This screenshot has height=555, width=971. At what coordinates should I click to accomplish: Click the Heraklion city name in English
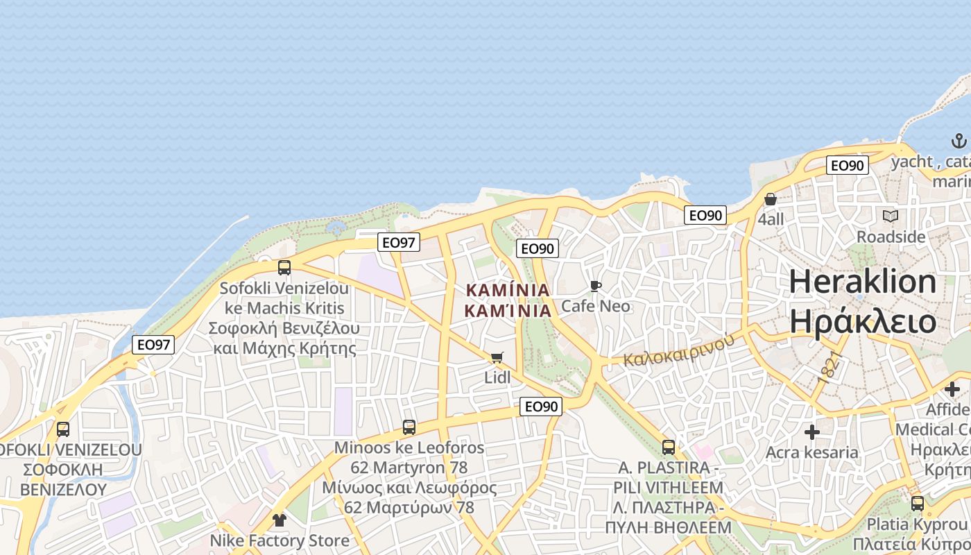click(x=863, y=282)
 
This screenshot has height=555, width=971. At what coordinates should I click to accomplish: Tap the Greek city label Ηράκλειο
click(x=863, y=322)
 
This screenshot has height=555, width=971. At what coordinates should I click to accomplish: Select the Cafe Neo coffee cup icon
click(x=595, y=286)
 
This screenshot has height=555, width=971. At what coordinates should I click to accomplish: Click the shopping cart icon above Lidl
click(x=497, y=357)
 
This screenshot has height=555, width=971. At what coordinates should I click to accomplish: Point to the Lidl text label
click(x=497, y=377)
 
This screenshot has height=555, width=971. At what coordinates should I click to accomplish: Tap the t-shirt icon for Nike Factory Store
click(x=279, y=520)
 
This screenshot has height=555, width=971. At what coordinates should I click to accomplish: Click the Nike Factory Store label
click(x=280, y=540)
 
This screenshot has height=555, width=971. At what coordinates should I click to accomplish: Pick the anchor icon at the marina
click(x=959, y=142)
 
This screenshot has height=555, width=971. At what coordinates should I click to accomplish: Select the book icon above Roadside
click(x=891, y=216)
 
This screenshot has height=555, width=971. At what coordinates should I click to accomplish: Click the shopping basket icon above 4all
click(x=771, y=200)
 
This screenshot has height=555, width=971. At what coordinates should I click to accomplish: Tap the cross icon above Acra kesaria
click(x=811, y=432)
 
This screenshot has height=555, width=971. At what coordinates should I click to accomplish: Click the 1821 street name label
click(x=830, y=366)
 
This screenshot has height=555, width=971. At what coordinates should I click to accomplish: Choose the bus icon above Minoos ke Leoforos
click(x=409, y=427)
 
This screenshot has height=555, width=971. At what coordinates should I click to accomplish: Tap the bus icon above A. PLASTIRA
click(x=669, y=447)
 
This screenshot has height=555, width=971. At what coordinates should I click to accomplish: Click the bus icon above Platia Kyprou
click(x=917, y=504)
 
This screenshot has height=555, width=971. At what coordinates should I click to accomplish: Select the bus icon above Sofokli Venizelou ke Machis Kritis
click(x=284, y=268)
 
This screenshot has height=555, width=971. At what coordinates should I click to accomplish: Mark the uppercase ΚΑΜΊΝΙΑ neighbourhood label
click(x=508, y=290)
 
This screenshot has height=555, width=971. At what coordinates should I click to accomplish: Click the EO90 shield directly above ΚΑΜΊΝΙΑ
click(x=538, y=248)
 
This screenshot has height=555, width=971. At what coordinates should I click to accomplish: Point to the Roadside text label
click(x=891, y=237)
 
